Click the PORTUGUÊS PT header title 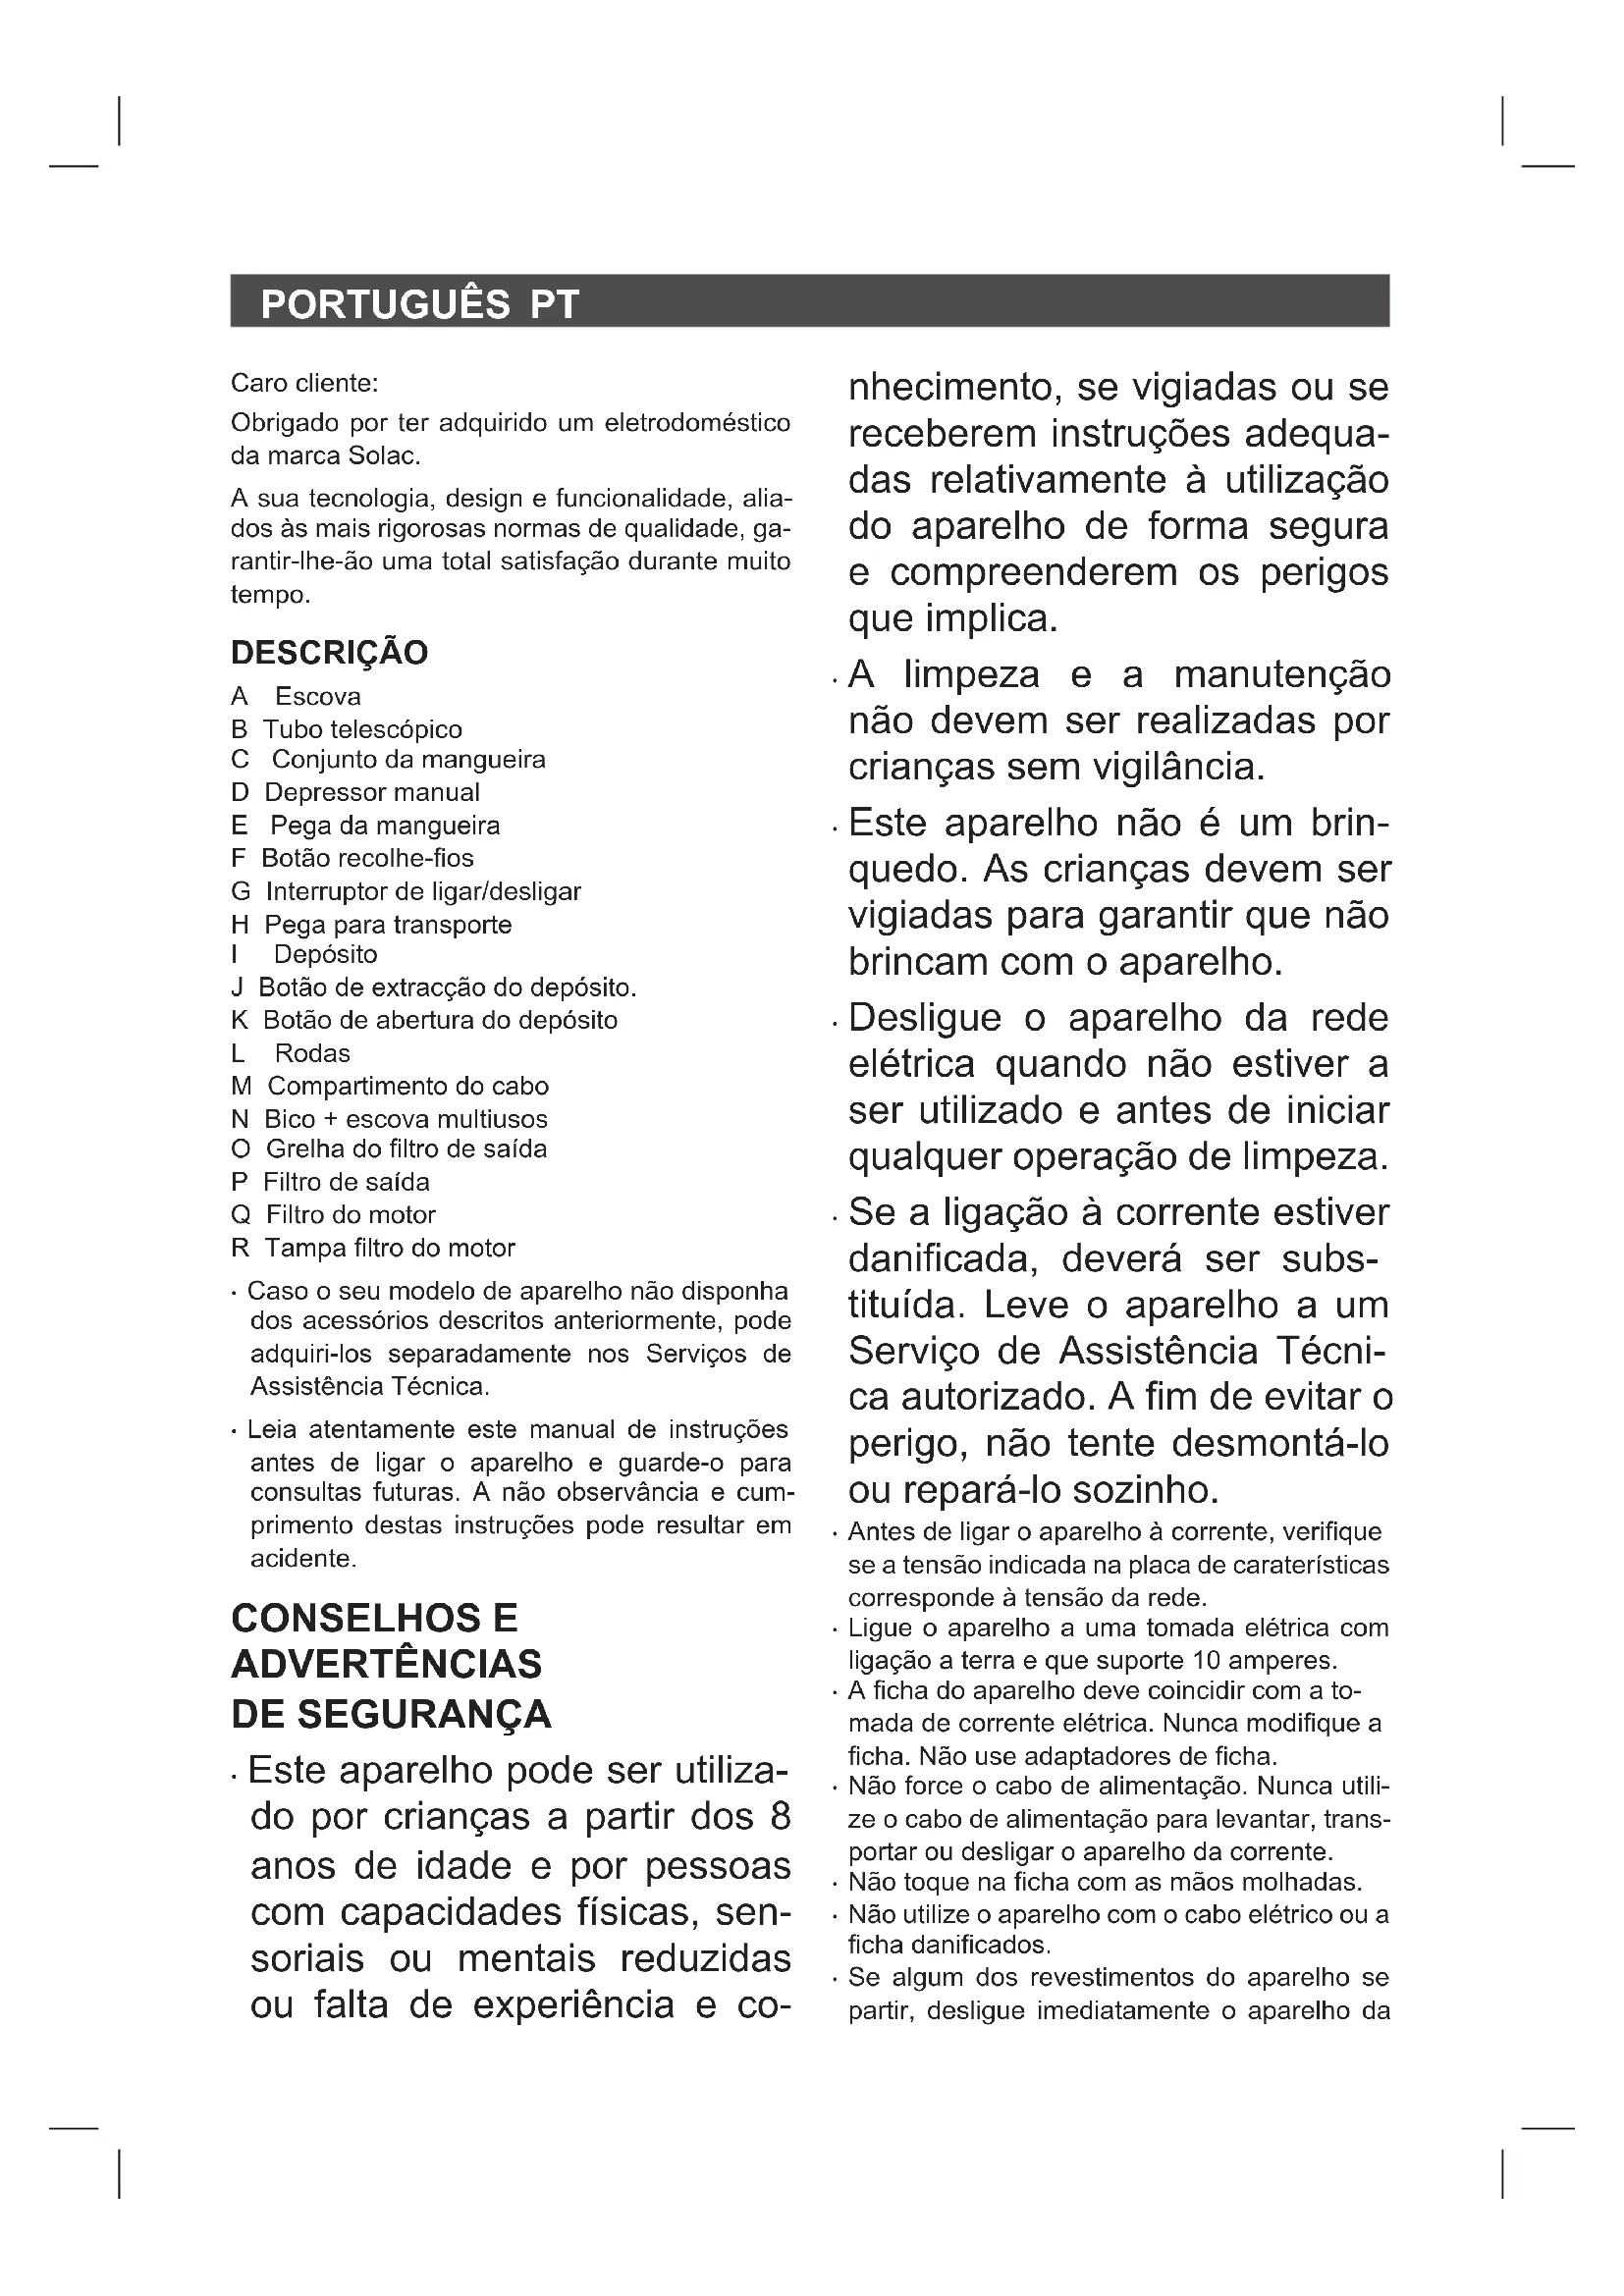(x=419, y=304)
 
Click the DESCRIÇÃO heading (x=329, y=653)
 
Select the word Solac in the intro (x=383, y=456)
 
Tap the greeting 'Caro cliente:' (x=304, y=383)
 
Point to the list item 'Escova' (x=318, y=697)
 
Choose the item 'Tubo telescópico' (x=362, y=730)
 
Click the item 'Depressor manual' (x=371, y=793)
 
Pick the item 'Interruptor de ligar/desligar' (x=423, y=891)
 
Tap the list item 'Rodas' (x=312, y=1053)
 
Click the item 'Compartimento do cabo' (x=408, y=1086)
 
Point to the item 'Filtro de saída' (x=346, y=1182)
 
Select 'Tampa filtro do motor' (x=390, y=1248)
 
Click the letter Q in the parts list (x=240, y=1215)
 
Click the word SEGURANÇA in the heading (x=424, y=1714)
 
